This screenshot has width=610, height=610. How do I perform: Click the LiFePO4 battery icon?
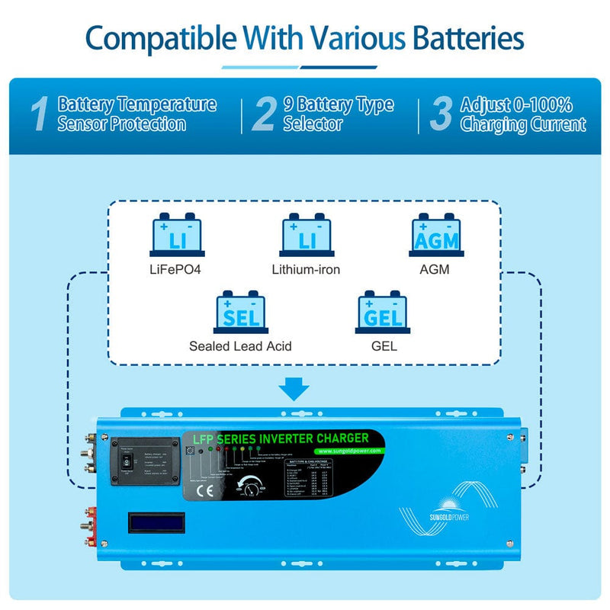click(x=178, y=234)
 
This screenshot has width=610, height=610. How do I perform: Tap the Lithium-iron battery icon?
click(x=307, y=234)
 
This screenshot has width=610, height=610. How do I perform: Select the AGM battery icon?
click(x=436, y=234)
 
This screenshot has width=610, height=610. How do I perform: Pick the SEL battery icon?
click(x=242, y=311)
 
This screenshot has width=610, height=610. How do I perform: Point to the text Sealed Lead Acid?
click(x=241, y=346)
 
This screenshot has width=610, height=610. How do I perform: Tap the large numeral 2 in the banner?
click(x=263, y=114)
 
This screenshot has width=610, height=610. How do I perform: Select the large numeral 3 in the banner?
click(x=441, y=114)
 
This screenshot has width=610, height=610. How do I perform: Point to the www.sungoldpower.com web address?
click(x=344, y=451)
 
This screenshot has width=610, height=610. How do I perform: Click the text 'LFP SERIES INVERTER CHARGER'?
click(x=282, y=438)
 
